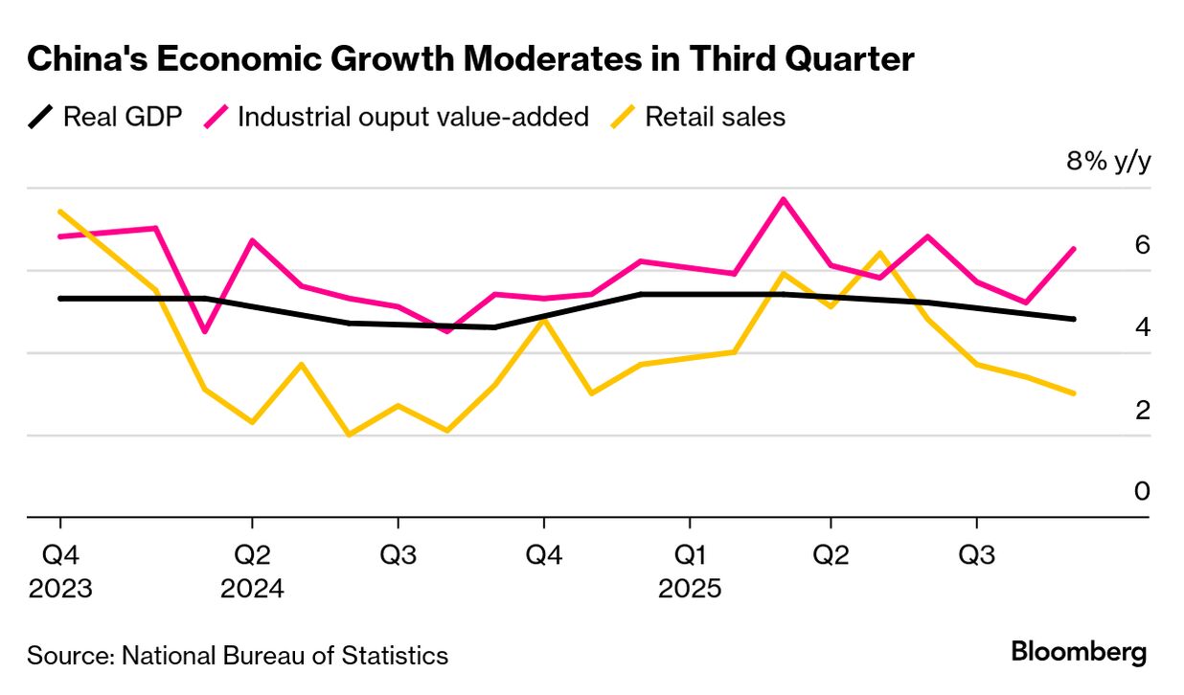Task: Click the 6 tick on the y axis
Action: (1141, 245)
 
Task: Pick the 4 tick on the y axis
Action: (1141, 327)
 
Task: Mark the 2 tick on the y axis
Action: (1141, 410)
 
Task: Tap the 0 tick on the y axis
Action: (1141, 491)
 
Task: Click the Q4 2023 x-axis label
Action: (60, 571)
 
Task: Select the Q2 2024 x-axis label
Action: (252, 571)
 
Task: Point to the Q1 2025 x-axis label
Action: (689, 571)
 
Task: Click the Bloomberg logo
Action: (1079, 653)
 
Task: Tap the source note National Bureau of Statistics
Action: (238, 656)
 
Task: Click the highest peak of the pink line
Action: (784, 199)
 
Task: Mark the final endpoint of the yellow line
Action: (1074, 393)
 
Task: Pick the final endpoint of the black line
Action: (1074, 319)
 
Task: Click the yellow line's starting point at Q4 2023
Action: (60, 212)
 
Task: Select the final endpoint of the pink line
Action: (1074, 249)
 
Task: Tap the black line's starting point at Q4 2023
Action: (60, 299)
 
